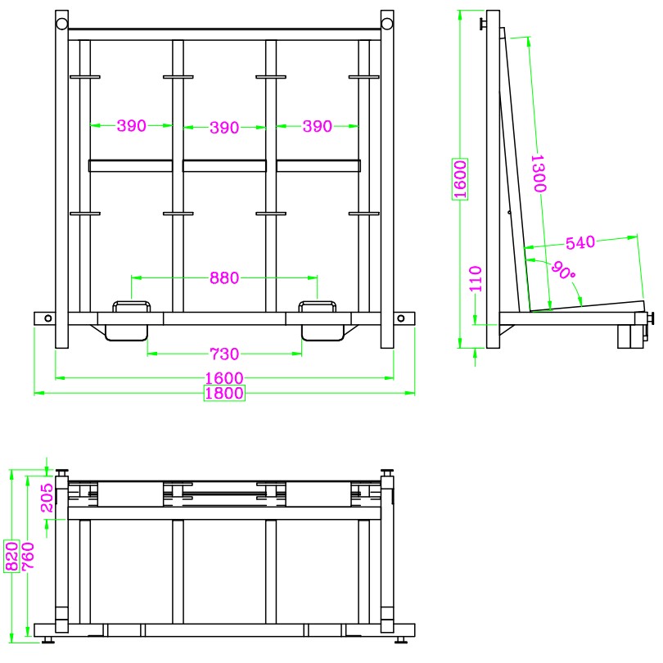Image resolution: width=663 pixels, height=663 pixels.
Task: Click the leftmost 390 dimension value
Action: [x=131, y=126]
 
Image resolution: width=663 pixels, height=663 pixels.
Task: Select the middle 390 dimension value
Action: [x=224, y=128]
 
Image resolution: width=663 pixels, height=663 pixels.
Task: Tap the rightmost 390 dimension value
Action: [x=318, y=126]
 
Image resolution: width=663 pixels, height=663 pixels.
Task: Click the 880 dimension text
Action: [x=224, y=278]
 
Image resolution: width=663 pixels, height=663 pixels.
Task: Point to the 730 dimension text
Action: [x=224, y=354]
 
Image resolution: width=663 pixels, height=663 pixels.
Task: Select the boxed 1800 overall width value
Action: [x=224, y=393]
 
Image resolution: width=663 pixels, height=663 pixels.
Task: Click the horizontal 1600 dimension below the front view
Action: [x=224, y=377]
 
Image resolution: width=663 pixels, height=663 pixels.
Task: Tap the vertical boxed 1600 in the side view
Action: [x=460, y=179]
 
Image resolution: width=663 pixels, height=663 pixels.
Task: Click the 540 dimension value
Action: [x=580, y=243]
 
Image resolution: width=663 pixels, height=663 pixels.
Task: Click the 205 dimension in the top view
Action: [x=47, y=498]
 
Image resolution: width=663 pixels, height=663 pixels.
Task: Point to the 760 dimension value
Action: [x=28, y=556]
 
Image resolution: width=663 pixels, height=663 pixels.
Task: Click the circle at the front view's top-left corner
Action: [x=62, y=24]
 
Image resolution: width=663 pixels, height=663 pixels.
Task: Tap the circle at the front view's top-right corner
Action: [x=387, y=24]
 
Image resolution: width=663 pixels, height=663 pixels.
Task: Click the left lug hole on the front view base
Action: [x=48, y=318]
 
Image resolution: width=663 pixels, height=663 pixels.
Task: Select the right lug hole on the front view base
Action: [x=400, y=318]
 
